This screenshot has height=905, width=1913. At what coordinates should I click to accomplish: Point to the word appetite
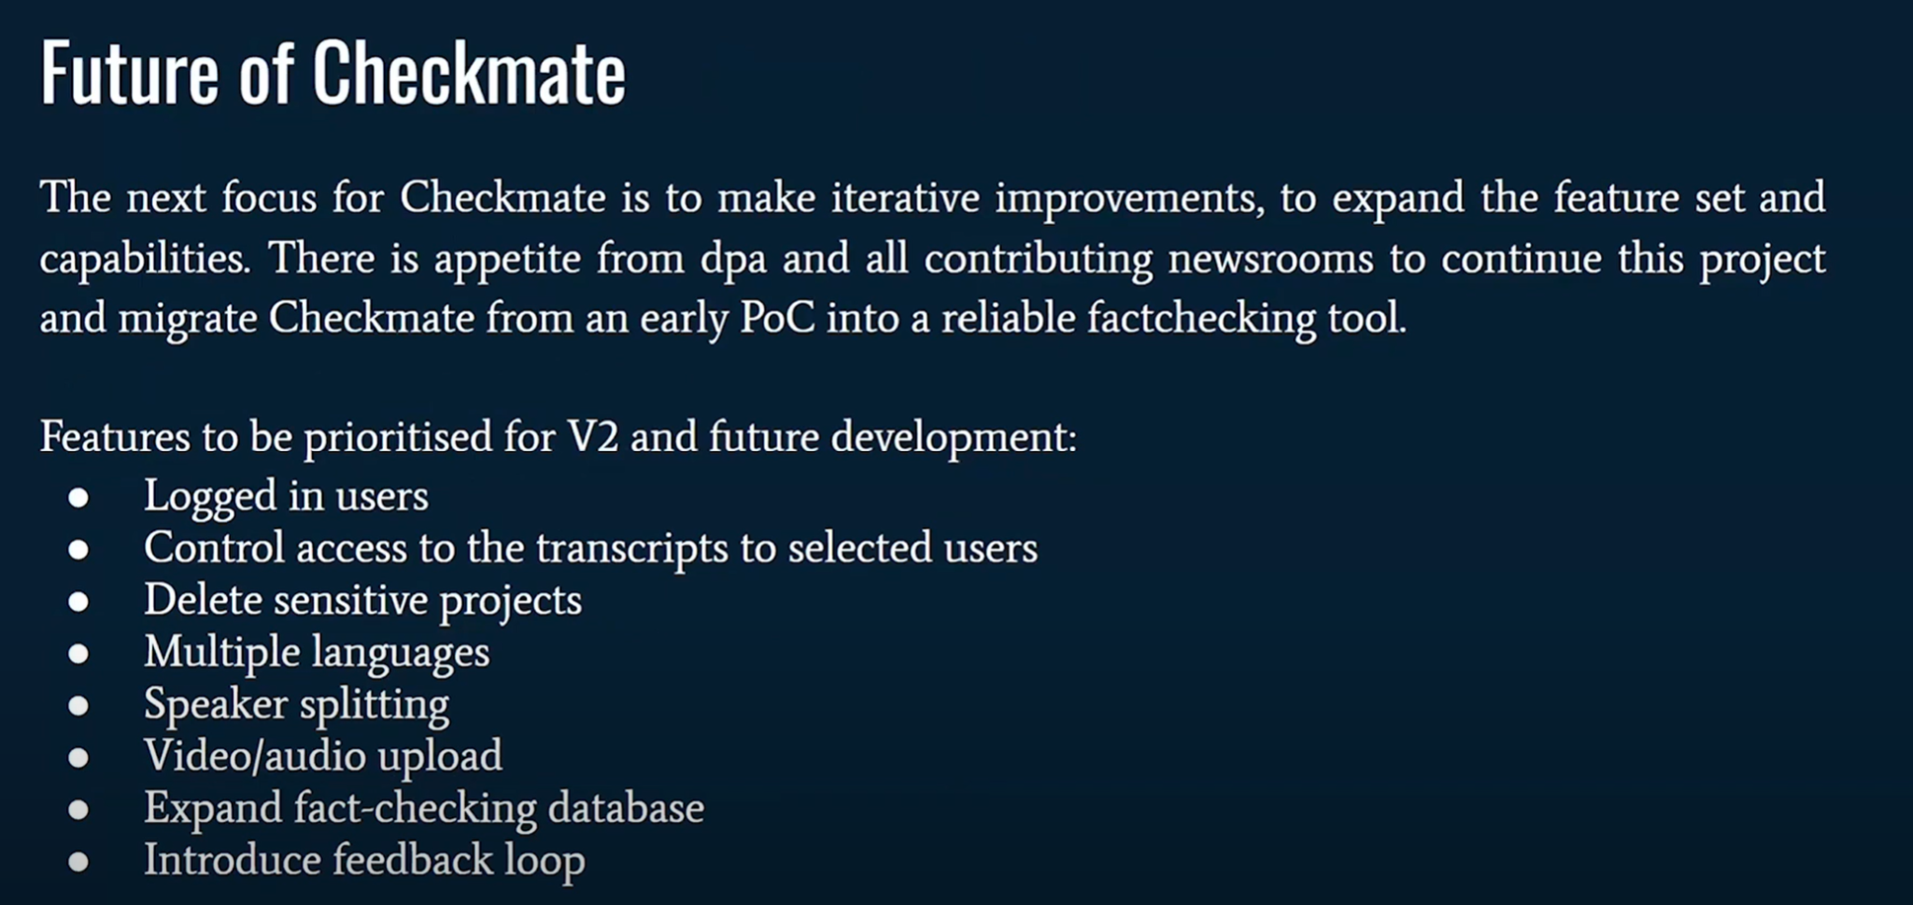[507, 260]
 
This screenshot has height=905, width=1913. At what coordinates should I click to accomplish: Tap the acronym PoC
[776, 318]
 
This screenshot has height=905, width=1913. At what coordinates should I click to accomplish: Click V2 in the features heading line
[593, 437]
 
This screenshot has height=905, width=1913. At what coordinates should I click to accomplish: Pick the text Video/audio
[256, 756]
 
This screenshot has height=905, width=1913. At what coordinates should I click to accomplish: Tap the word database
[626, 808]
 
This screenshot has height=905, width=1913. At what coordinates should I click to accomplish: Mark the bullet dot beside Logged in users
[78, 497]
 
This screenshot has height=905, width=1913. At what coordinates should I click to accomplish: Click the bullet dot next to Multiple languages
[78, 653]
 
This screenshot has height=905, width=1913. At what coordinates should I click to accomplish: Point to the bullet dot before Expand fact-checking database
[78, 809]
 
